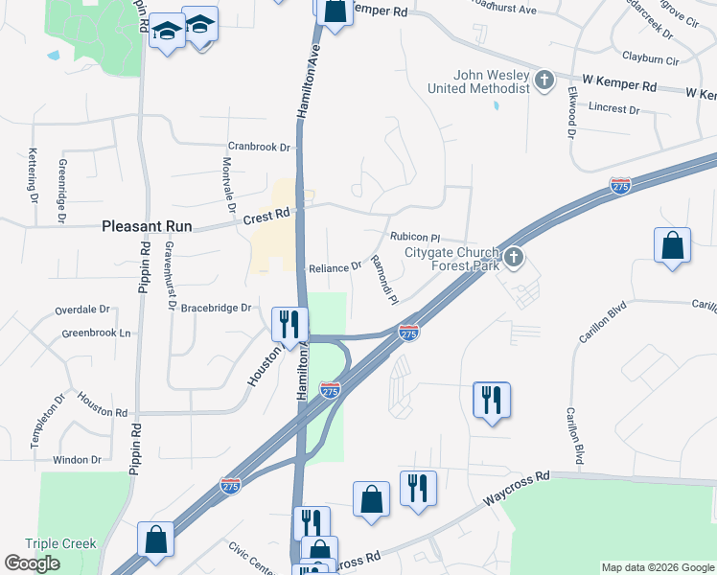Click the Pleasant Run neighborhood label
147,227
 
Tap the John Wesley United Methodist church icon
544,80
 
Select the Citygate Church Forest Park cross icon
515,257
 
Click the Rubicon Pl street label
414,237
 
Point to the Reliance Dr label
335,267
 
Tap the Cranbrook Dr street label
259,147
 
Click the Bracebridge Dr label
216,308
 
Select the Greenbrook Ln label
96,333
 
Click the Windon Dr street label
77,460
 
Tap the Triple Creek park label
60,543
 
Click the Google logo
32,563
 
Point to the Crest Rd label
266,218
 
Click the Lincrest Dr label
614,109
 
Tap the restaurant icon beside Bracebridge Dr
289,324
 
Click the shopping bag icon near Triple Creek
155,539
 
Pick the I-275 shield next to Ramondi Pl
408,333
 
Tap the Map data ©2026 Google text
657,567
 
